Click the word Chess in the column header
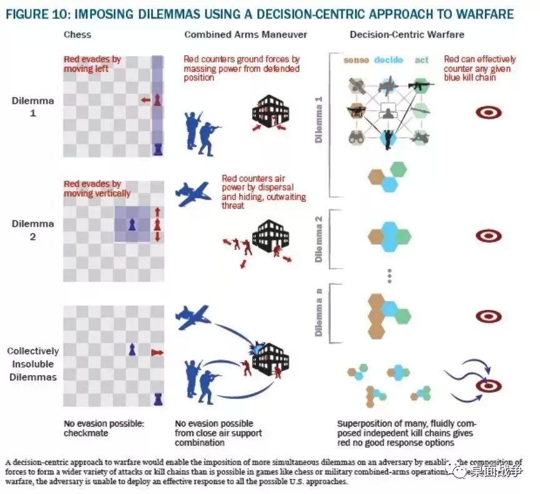tap(77, 34)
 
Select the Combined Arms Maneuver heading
tap(245, 34)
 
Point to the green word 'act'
tap(421, 60)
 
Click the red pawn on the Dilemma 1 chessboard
tap(157, 100)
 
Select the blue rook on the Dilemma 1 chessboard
tap(157, 149)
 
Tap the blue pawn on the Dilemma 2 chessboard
tap(132, 224)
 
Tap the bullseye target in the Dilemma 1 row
tap(488, 113)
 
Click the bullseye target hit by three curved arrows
tap(488, 385)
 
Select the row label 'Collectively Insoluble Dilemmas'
tap(32, 364)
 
